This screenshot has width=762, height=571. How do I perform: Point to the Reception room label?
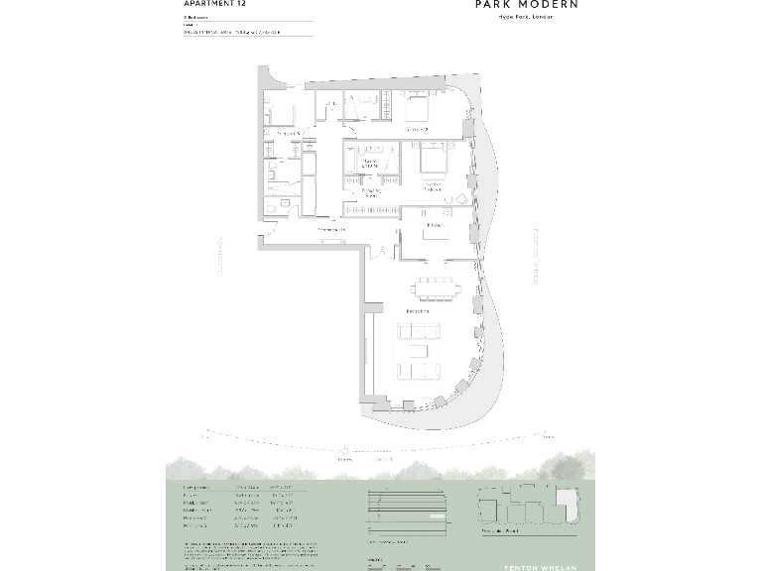click(417, 311)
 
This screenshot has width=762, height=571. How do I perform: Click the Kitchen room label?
click(434, 225)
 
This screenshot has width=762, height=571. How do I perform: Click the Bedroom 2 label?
click(416, 130)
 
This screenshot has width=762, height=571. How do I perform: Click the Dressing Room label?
click(371, 192)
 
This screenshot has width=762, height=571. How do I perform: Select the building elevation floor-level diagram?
click(407, 511)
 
